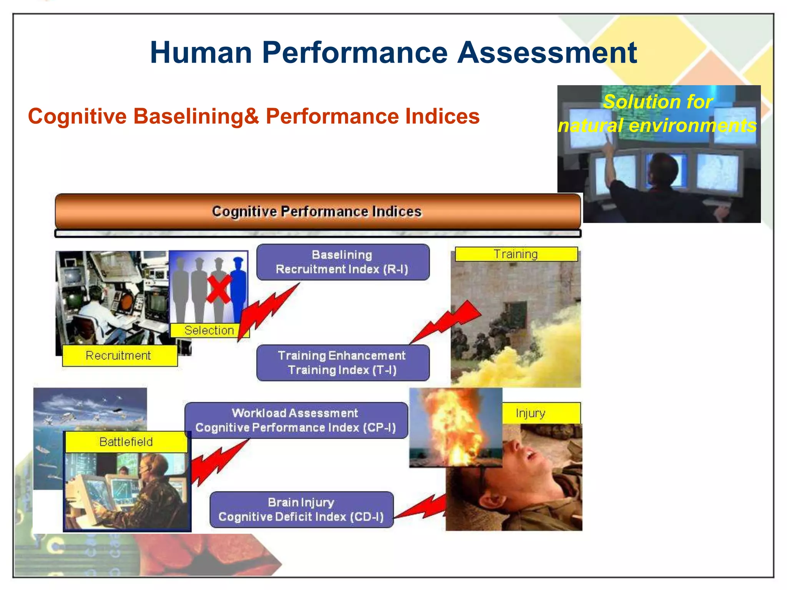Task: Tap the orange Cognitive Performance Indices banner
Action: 317,212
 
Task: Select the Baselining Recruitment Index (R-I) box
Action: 342,262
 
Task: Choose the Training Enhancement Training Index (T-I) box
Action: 342,363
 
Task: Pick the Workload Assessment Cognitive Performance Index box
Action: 296,420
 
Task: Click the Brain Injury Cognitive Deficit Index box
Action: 301,509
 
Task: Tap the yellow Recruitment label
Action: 119,355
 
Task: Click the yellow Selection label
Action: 209,330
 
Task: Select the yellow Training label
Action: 516,254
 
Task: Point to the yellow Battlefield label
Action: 126,442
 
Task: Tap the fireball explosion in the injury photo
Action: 453,426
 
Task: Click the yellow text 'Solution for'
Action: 658,102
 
